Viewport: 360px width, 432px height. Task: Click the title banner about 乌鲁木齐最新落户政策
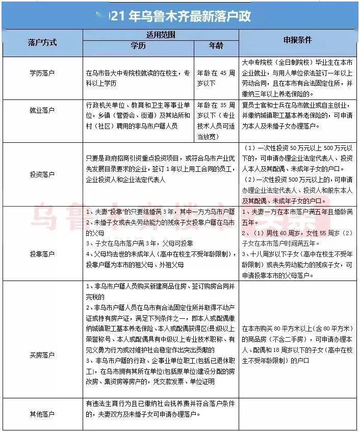click(179, 16)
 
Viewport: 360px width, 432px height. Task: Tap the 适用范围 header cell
click(161, 35)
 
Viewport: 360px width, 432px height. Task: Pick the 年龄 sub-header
click(216, 47)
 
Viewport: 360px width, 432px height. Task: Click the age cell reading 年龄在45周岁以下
click(216, 78)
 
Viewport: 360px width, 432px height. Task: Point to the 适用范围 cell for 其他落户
click(161, 409)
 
